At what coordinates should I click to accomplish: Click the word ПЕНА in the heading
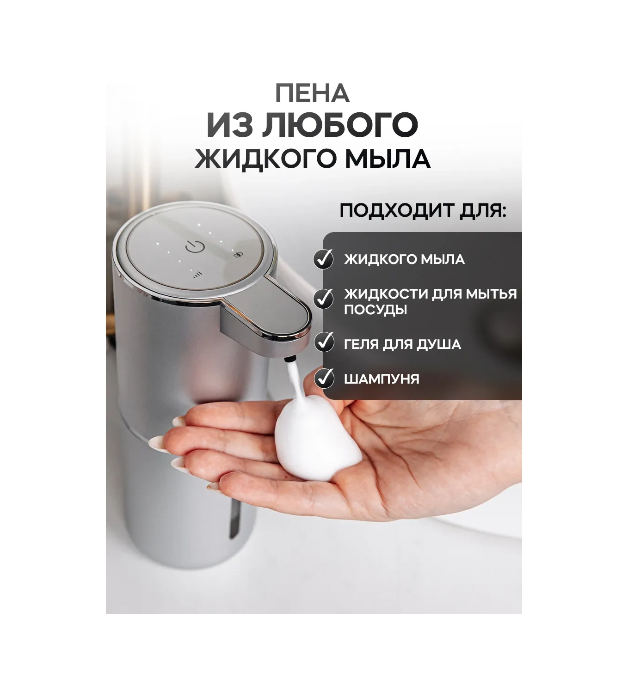pos(312,94)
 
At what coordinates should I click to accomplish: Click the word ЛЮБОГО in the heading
pos(340,125)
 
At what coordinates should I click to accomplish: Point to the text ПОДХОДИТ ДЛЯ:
pos(423,211)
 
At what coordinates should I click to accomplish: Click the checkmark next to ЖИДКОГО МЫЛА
pos(324,259)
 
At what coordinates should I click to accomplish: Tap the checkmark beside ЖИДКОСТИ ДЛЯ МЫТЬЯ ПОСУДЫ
pos(324,299)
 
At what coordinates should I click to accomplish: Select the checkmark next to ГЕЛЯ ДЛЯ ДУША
pos(324,343)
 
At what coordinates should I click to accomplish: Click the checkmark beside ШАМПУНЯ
pos(324,378)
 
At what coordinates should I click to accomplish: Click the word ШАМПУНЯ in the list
pos(382,379)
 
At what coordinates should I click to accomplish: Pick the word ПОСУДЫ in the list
pos(376,310)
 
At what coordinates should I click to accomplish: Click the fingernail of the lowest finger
pos(213,486)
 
